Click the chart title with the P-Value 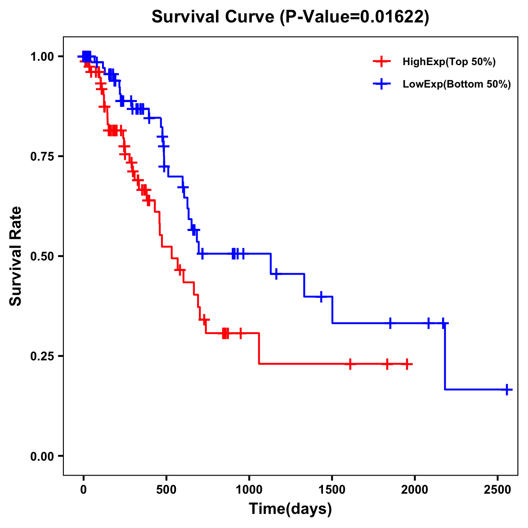click(290, 17)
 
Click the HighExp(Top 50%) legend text click(449, 62)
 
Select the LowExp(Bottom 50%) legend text click(457, 84)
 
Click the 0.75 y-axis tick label click(42, 157)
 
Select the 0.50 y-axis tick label click(42, 257)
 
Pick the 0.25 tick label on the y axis click(42, 356)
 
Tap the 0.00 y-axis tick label click(42, 456)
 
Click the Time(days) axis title click(290, 509)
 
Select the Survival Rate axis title click(16, 256)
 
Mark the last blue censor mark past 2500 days click(507, 390)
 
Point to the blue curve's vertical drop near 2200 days click(445, 356)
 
